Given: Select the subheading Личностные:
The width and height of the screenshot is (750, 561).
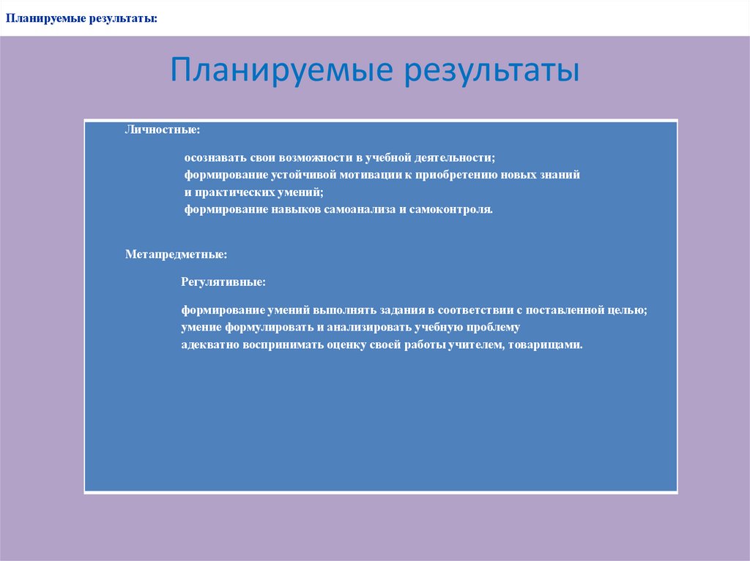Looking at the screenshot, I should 162,129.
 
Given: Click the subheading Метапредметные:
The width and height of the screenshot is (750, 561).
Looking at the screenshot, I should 176,255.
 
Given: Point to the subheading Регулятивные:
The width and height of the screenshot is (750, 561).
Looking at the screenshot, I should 223,282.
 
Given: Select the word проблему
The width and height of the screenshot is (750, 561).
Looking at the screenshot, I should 491,328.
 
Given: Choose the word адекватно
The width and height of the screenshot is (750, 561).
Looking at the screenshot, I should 207,345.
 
